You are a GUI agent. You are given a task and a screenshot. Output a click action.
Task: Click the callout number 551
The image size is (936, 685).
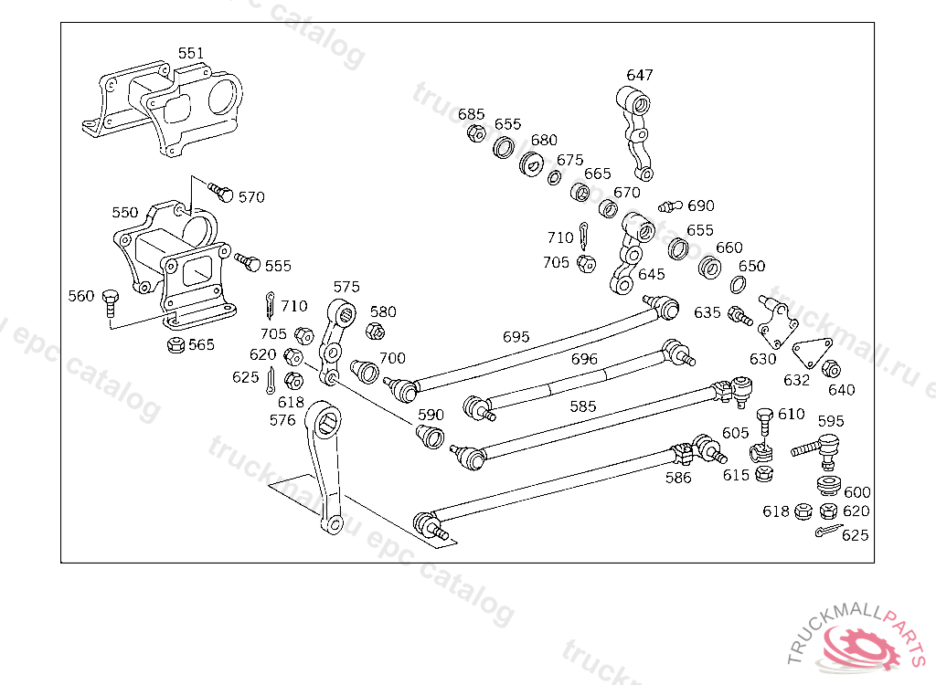191,53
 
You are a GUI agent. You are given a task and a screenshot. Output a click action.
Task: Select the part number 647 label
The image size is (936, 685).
639,75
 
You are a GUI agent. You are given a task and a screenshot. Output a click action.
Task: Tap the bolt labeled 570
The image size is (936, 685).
220,192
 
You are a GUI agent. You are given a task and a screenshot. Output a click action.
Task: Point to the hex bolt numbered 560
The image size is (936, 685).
111,303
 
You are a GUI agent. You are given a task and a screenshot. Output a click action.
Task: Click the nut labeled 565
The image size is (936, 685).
175,344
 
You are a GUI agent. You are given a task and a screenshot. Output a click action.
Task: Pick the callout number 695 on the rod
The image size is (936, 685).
516,337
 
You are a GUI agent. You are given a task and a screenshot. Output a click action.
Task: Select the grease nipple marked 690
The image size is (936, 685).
670,206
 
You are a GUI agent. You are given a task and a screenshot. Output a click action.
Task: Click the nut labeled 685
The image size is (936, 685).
475,133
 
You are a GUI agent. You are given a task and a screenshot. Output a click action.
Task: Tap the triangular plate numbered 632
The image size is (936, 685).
812,353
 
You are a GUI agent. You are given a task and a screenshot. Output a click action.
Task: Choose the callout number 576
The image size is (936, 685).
282,421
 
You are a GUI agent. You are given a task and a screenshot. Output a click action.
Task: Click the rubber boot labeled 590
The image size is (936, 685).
430,437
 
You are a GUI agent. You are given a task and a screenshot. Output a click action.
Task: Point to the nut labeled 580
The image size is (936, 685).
375,331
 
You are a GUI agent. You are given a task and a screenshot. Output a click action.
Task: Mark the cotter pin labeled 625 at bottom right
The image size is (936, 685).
828,530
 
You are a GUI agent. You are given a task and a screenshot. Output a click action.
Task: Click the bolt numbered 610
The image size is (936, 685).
765,423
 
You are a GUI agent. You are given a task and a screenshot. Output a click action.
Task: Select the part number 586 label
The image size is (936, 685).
678,478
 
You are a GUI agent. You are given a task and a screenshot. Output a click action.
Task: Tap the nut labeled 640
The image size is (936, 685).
831,369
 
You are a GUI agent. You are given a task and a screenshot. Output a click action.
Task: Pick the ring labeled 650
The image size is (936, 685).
738,285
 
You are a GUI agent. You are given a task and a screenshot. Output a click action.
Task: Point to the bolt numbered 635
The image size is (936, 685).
740,316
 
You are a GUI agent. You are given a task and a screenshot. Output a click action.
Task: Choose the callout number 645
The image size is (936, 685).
651,275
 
